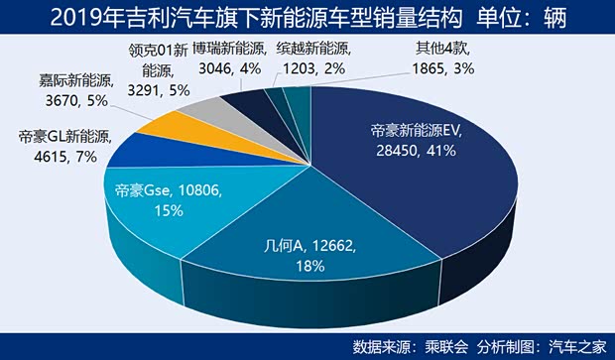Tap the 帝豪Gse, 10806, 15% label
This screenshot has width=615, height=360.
(153, 199)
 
